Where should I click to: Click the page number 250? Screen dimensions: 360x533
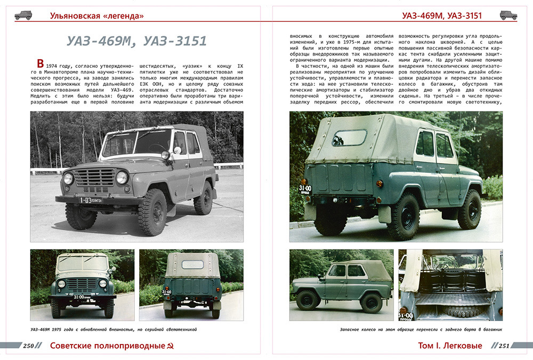pyautogui.click(x=29, y=346)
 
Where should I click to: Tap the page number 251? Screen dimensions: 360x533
pyautogui.click(x=504, y=346)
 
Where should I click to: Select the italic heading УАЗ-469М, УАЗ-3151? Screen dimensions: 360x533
pyautogui.click(x=136, y=41)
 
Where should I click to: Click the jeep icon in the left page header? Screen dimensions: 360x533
pyautogui.click(x=23, y=15)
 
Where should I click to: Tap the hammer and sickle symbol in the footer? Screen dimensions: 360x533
pyautogui.click(x=170, y=347)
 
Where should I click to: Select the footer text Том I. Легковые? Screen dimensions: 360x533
pyautogui.click(x=450, y=346)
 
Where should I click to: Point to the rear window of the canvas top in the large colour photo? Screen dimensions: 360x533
pyautogui.click(x=350, y=138)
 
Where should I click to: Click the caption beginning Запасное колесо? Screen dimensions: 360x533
pyautogui.click(x=421, y=330)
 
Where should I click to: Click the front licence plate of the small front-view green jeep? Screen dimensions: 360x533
pyautogui.click(x=82, y=297)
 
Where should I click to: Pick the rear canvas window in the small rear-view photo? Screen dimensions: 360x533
pyautogui.click(x=192, y=265)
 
